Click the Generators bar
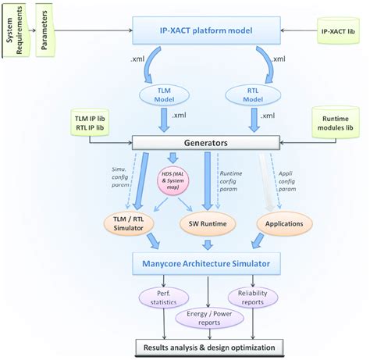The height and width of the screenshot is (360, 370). pyautogui.click(x=206, y=143)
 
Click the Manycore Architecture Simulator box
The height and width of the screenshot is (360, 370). pyautogui.click(x=206, y=264)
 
